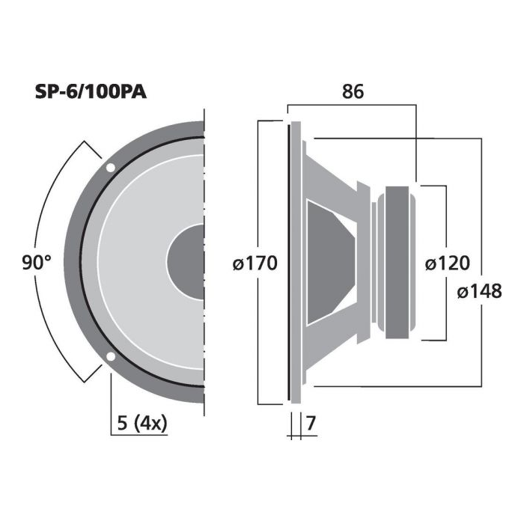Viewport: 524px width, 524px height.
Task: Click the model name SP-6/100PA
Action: pos(91,91)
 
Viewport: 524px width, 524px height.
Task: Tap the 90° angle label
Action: pos(37,262)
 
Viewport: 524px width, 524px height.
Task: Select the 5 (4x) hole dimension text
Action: pos(142,424)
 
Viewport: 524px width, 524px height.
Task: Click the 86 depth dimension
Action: pos(353,91)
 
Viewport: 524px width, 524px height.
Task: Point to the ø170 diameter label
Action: pos(255,263)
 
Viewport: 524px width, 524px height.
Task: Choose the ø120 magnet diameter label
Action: pos(447,263)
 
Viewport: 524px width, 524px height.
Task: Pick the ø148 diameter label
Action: pos(479,291)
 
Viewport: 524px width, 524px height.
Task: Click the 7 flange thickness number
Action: pos(311,424)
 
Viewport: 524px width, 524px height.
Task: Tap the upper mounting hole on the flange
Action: pos(110,168)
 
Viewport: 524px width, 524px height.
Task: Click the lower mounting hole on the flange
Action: pos(110,356)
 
